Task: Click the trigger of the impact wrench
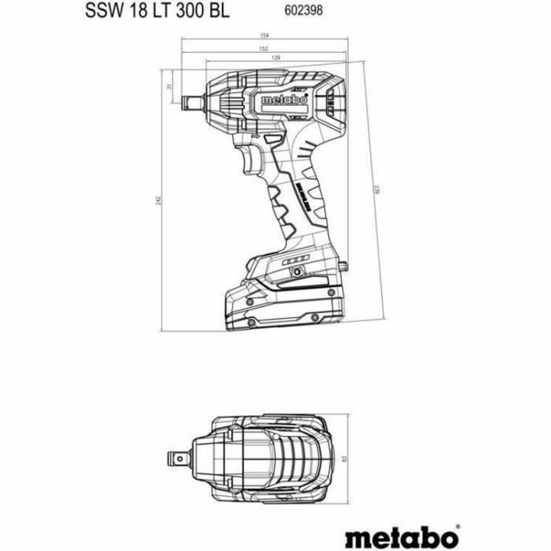[x=252, y=160]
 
